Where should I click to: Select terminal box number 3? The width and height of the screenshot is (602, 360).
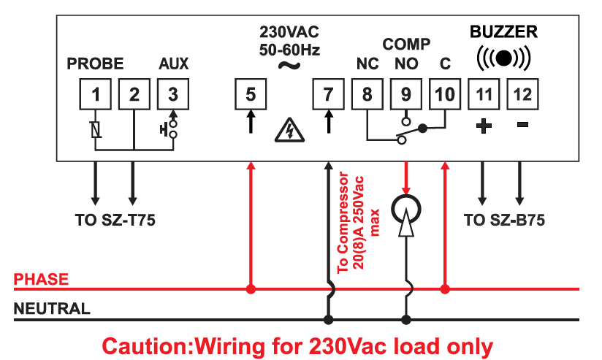[x=173, y=93]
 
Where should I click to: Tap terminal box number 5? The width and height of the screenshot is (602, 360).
[x=251, y=93]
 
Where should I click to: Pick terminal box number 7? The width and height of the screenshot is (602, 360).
[x=328, y=93]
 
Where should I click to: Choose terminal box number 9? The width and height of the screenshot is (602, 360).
[x=405, y=93]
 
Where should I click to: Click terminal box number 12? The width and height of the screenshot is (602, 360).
[x=522, y=93]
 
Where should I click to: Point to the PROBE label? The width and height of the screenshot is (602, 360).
[x=95, y=64]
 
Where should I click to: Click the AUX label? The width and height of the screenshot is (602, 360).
[x=173, y=64]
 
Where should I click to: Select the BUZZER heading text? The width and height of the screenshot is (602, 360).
[x=503, y=31]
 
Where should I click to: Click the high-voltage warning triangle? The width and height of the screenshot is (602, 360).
[x=289, y=131]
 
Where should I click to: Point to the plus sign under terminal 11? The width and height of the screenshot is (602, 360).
[x=483, y=126]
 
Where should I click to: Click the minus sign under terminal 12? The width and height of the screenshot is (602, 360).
[x=522, y=126]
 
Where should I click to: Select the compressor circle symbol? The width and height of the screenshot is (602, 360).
[x=405, y=210]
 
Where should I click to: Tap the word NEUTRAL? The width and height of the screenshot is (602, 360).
[x=53, y=308]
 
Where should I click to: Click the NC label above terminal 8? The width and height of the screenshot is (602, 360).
[x=367, y=64]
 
